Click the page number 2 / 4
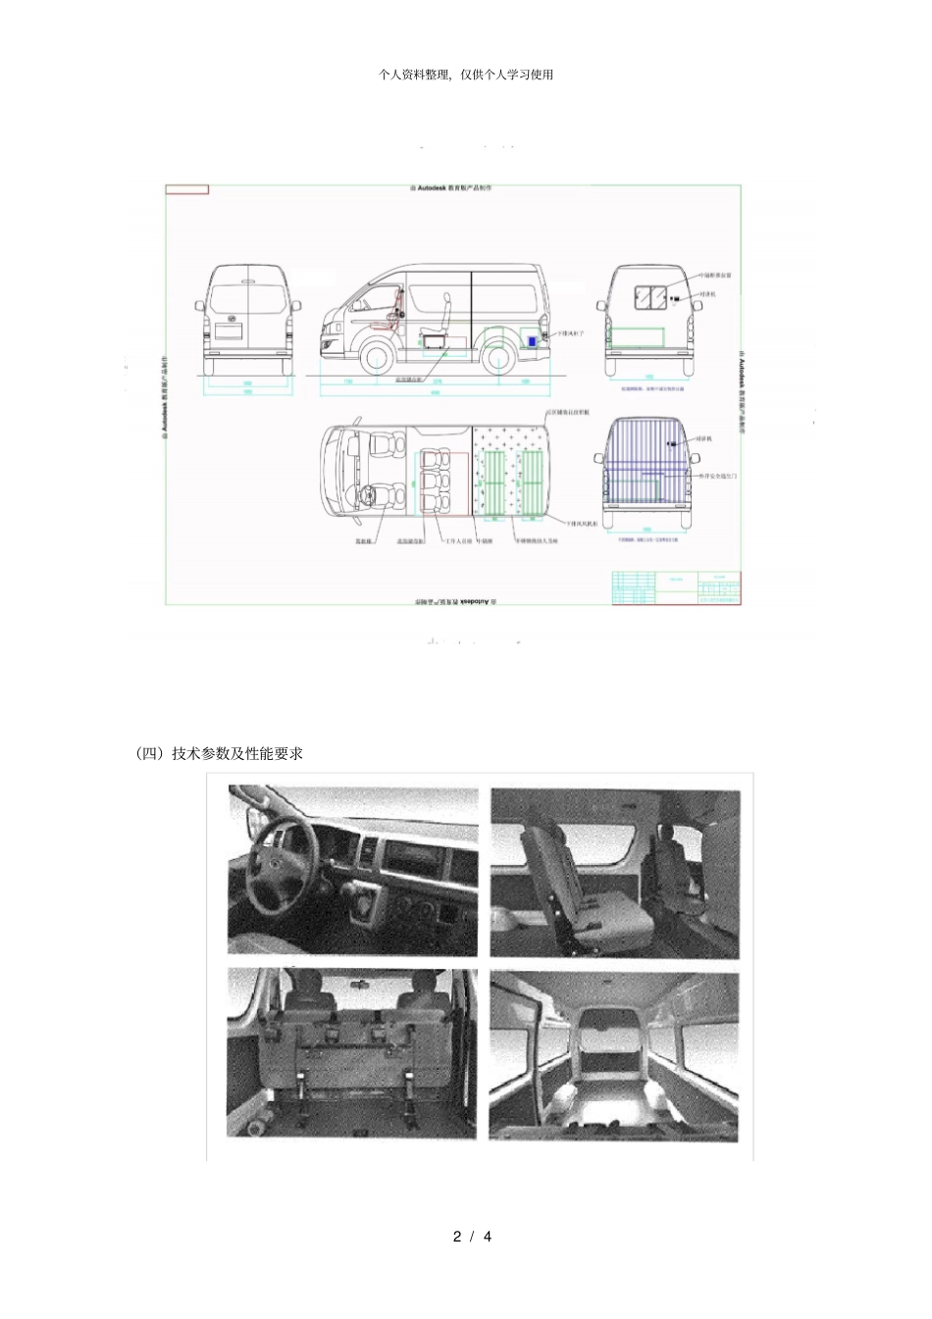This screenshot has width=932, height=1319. click(472, 1237)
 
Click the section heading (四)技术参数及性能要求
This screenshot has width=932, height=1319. click(219, 753)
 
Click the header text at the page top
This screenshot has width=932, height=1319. click(466, 75)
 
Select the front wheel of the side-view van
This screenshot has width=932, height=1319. click(379, 359)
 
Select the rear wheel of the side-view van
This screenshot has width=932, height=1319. click(499, 357)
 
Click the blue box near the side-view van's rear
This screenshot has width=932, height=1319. click(530, 339)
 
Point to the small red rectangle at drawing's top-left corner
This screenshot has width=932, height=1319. click(187, 189)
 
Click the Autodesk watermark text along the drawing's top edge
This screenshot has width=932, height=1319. click(450, 187)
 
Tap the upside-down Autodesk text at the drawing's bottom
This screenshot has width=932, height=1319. click(452, 600)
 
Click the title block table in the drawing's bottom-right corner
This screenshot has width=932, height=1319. click(676, 587)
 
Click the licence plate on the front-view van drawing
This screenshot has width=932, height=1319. click(229, 331)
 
